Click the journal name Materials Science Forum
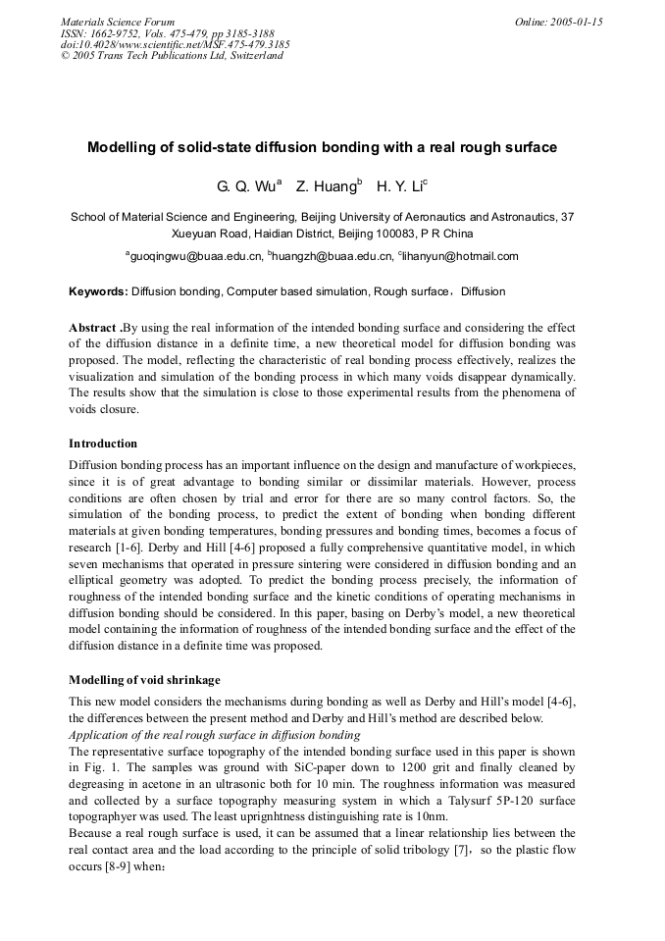click(x=118, y=22)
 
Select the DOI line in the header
click(x=175, y=44)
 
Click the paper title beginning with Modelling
click(x=322, y=147)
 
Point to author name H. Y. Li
click(x=401, y=186)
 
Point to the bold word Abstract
click(x=93, y=327)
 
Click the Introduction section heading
click(x=103, y=444)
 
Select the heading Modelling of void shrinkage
click(x=144, y=680)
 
